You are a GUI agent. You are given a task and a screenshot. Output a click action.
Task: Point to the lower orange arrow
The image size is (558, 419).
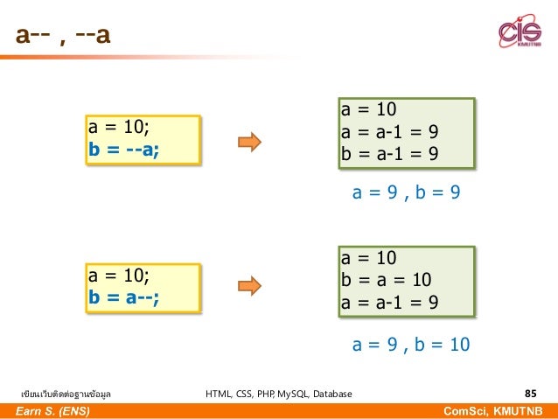(x=251, y=285)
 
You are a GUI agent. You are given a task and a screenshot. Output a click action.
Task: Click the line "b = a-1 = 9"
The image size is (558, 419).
(x=389, y=154)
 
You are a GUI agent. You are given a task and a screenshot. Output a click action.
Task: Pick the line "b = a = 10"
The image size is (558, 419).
(x=386, y=280)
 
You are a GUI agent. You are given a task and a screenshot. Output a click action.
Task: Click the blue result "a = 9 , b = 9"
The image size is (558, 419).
(x=406, y=192)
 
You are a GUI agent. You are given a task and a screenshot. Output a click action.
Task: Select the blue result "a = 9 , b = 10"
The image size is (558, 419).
(x=411, y=345)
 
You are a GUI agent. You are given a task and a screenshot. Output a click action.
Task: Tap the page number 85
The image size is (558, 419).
(x=530, y=394)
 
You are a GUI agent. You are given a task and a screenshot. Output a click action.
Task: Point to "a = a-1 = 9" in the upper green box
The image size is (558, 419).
(x=389, y=132)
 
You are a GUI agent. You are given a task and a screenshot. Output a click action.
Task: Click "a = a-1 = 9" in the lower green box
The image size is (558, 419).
(x=389, y=302)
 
